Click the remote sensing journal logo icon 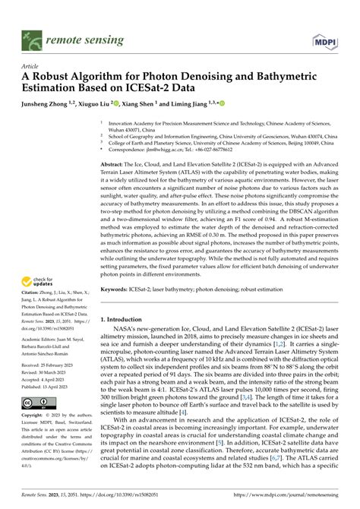(x=32, y=36)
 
